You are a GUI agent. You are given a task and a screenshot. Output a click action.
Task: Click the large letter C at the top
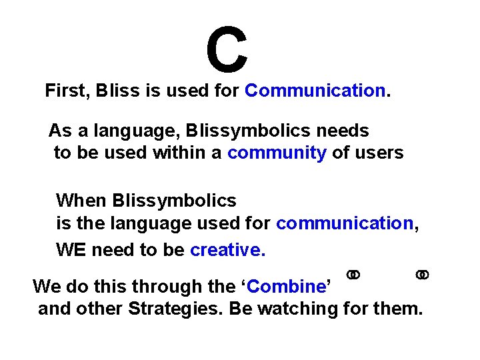coord(227,49)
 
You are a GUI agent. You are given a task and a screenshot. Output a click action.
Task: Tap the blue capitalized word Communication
coord(315,91)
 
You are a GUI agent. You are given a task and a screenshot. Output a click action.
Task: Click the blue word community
coord(277,153)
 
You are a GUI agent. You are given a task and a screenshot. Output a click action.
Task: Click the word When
coord(81,200)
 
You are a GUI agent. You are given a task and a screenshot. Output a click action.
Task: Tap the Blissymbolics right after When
coord(174,201)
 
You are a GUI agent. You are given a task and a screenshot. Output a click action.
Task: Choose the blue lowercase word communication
coord(345,223)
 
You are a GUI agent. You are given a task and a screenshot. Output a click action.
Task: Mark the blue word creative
coord(227,250)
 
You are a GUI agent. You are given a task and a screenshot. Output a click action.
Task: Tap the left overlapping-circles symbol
coord(353,275)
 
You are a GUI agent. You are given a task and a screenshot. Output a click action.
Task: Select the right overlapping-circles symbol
coord(422,275)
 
